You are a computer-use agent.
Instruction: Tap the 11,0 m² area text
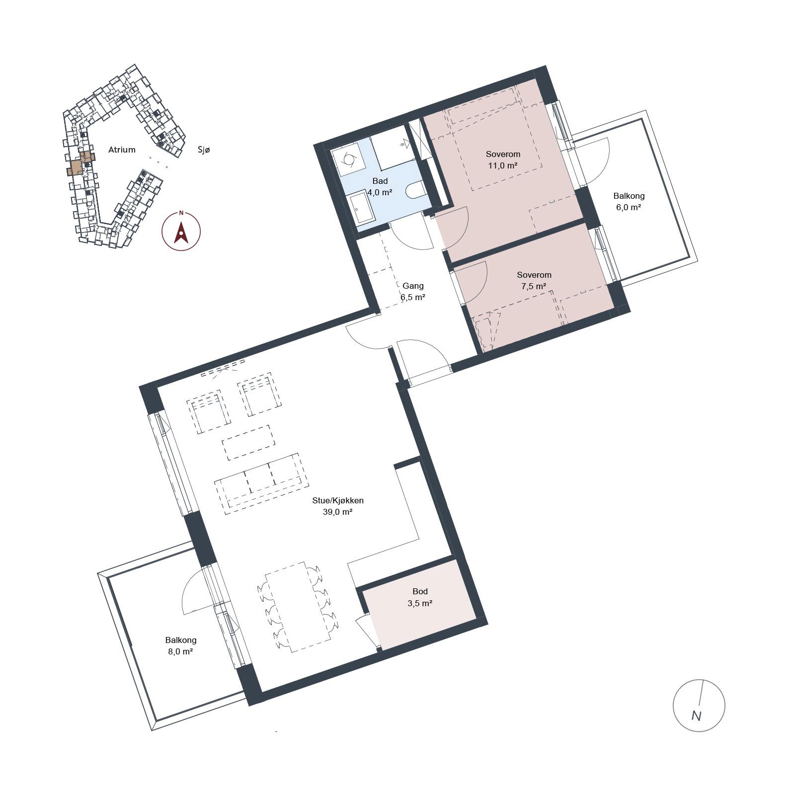(x=503, y=165)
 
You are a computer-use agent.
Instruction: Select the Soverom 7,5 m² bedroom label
(x=534, y=280)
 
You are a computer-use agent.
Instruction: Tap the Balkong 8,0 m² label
(x=181, y=645)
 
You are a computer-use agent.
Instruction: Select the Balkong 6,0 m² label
(x=629, y=201)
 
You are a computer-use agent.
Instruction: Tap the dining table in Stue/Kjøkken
(x=298, y=607)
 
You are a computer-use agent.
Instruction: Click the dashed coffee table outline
(x=248, y=442)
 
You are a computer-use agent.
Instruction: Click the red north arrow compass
(x=181, y=231)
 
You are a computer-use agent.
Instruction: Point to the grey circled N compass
(x=699, y=705)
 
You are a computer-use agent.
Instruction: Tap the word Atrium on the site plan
(x=122, y=150)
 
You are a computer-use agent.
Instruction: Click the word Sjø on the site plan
(x=204, y=150)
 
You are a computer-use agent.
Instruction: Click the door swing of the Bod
(x=364, y=629)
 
